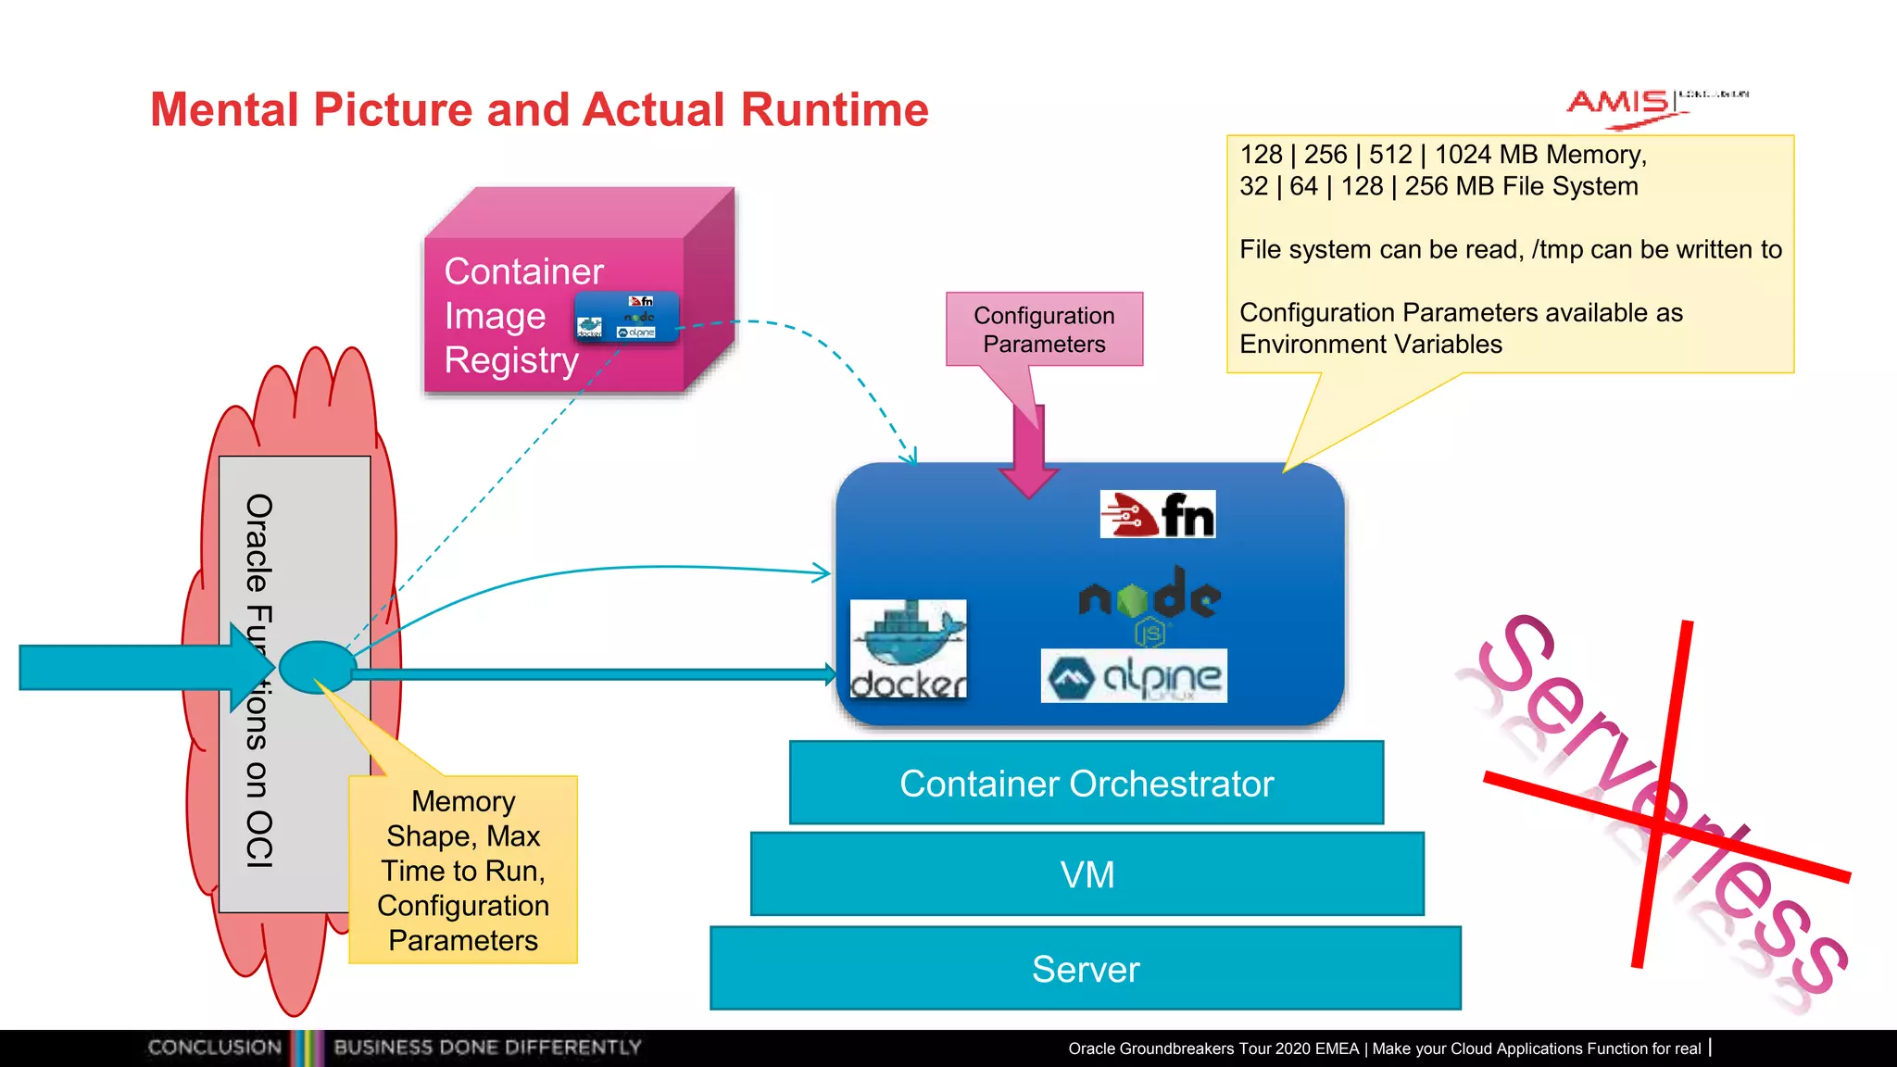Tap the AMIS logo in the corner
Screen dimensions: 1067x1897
point(1621,104)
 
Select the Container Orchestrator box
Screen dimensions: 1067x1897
point(1086,784)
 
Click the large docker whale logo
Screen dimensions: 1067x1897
point(908,648)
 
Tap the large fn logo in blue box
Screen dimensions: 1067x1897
point(1157,515)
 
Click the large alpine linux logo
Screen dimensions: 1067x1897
point(1134,677)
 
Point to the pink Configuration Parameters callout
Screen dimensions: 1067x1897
point(1044,330)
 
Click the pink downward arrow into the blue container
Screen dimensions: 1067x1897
point(1029,454)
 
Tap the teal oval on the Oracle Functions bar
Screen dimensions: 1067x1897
point(317,667)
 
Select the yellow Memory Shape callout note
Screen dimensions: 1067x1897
point(463,871)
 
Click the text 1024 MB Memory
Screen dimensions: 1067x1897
point(1539,155)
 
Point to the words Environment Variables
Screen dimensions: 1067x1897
point(1371,345)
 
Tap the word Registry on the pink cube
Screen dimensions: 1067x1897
point(511,360)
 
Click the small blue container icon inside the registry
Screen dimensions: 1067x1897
point(626,318)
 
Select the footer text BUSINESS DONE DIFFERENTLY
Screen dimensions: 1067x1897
point(487,1048)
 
